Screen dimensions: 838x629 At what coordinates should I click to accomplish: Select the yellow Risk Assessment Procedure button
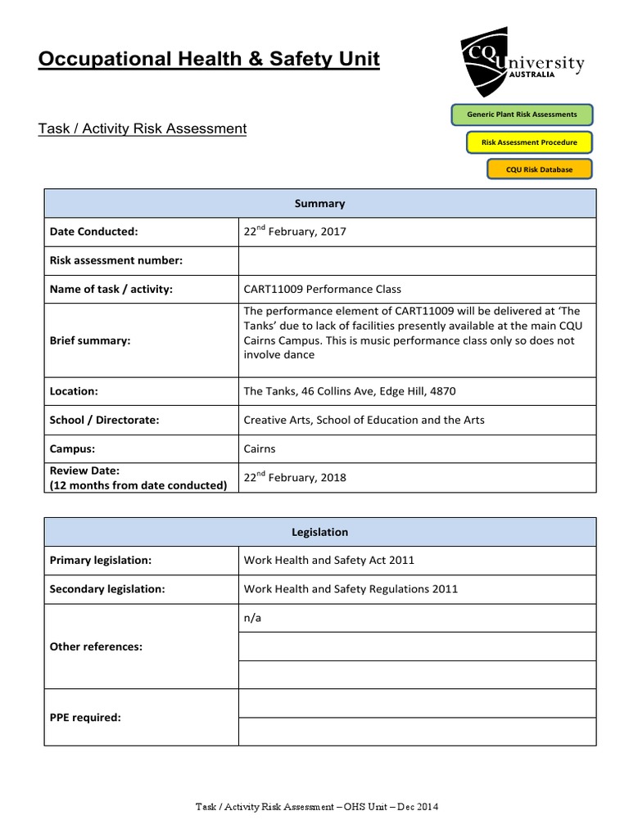(529, 142)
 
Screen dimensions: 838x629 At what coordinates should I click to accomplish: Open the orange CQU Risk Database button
(538, 169)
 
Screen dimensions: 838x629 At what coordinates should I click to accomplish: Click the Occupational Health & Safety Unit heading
(209, 59)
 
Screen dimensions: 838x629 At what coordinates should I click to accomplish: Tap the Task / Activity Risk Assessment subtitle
(143, 128)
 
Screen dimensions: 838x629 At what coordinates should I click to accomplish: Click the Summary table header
(320, 204)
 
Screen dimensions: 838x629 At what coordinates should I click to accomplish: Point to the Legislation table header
(320, 532)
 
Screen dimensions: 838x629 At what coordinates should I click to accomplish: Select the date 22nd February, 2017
(295, 232)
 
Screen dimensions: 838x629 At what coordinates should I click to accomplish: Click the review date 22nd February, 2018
(295, 477)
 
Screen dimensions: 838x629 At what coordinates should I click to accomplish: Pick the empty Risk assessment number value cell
(417, 260)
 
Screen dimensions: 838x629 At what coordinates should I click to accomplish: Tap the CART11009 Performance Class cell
(323, 289)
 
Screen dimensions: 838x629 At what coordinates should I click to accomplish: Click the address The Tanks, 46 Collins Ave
(350, 391)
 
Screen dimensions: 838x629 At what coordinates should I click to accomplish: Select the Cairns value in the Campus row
(260, 448)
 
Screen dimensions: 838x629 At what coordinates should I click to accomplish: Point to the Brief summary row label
(90, 340)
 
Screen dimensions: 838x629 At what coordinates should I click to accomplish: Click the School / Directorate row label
(104, 420)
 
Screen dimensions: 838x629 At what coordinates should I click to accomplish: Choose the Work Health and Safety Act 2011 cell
(329, 561)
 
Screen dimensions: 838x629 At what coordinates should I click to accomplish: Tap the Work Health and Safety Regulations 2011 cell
(351, 589)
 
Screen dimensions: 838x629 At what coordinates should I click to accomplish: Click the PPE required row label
(85, 718)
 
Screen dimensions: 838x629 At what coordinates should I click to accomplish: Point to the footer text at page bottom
(317, 808)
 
